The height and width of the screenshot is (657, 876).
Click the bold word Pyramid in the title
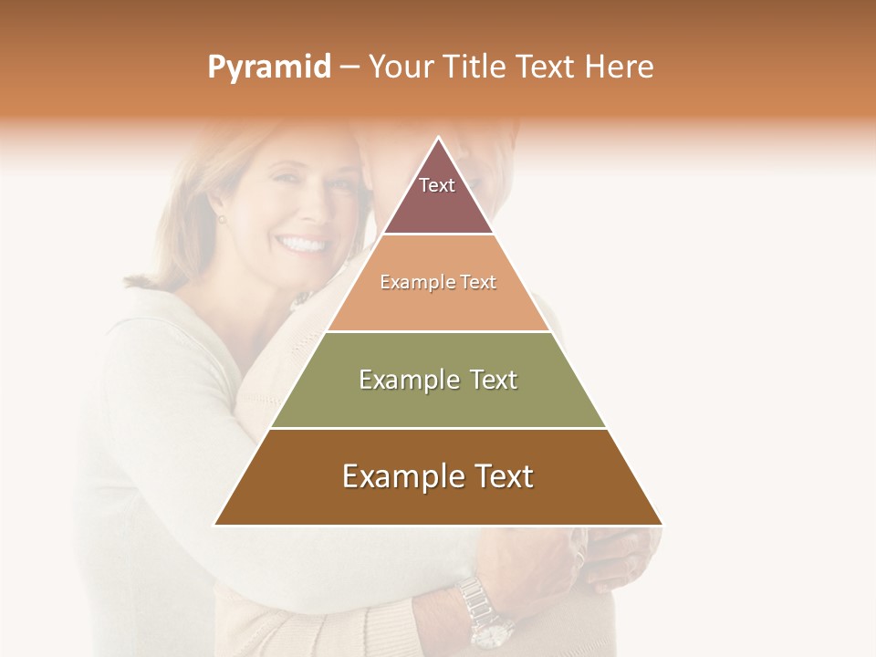pos(268,68)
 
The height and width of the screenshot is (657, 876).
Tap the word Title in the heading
pos(476,68)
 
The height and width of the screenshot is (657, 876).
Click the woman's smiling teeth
pos(304,245)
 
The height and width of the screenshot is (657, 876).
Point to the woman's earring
pos(221,219)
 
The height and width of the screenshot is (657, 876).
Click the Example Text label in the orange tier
pos(438,282)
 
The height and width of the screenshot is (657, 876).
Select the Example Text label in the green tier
pos(438,380)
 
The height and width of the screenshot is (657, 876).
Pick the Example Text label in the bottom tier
pos(438,476)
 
